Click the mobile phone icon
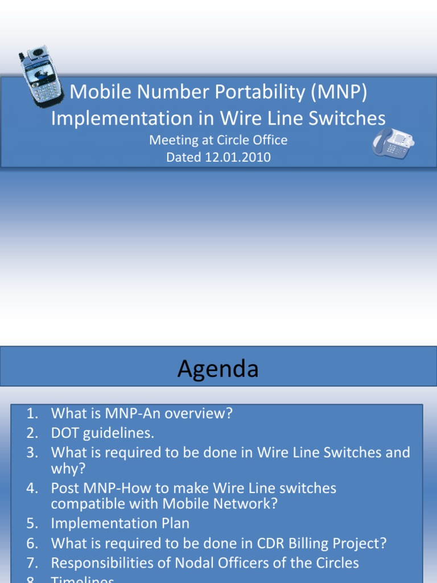point(41,76)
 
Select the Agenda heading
point(218,369)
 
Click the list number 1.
point(32,413)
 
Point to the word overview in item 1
point(196,413)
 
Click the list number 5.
point(32,523)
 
